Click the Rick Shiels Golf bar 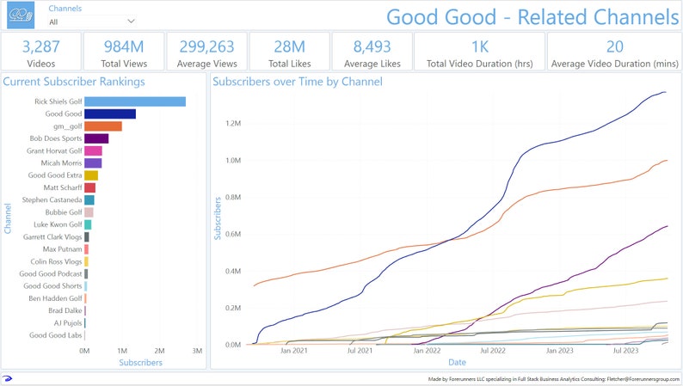point(134,101)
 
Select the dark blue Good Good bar point(109,113)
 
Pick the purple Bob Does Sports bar point(95,138)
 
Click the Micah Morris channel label point(61,162)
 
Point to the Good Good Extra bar point(90,175)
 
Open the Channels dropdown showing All point(92,21)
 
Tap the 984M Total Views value point(125,46)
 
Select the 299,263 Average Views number point(206,46)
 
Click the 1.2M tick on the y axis point(233,123)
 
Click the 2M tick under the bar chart point(159,352)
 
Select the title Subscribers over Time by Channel point(298,82)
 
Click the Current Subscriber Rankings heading point(73,82)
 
